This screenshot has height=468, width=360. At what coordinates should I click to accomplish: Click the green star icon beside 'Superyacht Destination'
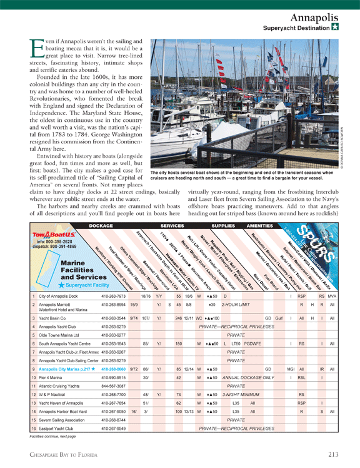[335, 28]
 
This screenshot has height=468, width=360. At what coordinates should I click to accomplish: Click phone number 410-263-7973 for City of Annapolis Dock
[113, 295]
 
